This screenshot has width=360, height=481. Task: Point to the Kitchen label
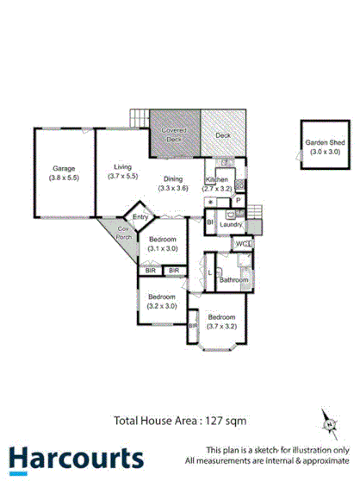point(216,179)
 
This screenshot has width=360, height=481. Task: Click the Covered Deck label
point(176,133)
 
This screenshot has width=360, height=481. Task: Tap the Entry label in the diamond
point(140,216)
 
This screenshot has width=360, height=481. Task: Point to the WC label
point(242,245)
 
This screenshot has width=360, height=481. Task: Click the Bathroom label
point(233,280)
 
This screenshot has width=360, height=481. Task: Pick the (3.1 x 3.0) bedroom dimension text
point(163,248)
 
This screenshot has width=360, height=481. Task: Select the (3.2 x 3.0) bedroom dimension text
point(162,305)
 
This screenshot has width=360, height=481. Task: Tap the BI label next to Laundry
point(210,222)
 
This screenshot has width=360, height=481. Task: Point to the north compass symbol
point(329,422)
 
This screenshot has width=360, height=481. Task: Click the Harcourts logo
point(77,457)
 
